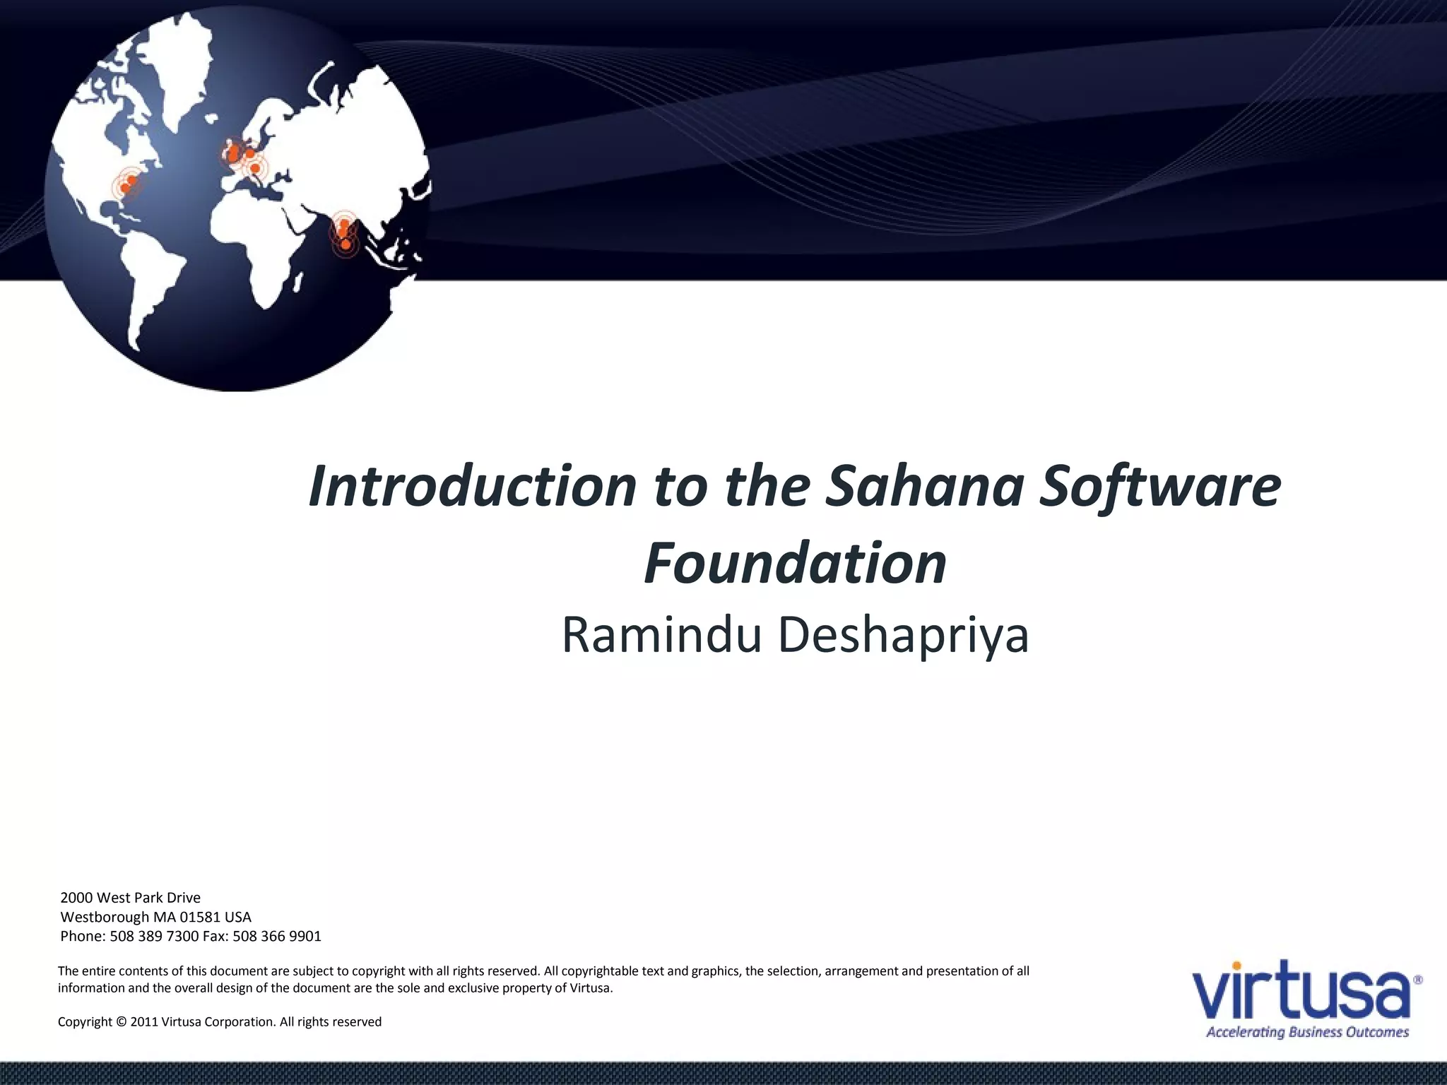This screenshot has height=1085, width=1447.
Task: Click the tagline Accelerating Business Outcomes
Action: pyautogui.click(x=1307, y=1033)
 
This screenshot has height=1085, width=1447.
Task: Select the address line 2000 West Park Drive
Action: pyautogui.click(x=131, y=898)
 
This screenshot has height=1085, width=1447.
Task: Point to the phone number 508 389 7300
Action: pyautogui.click(x=154, y=936)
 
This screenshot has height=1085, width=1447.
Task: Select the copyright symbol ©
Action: pyautogui.click(x=122, y=1021)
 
